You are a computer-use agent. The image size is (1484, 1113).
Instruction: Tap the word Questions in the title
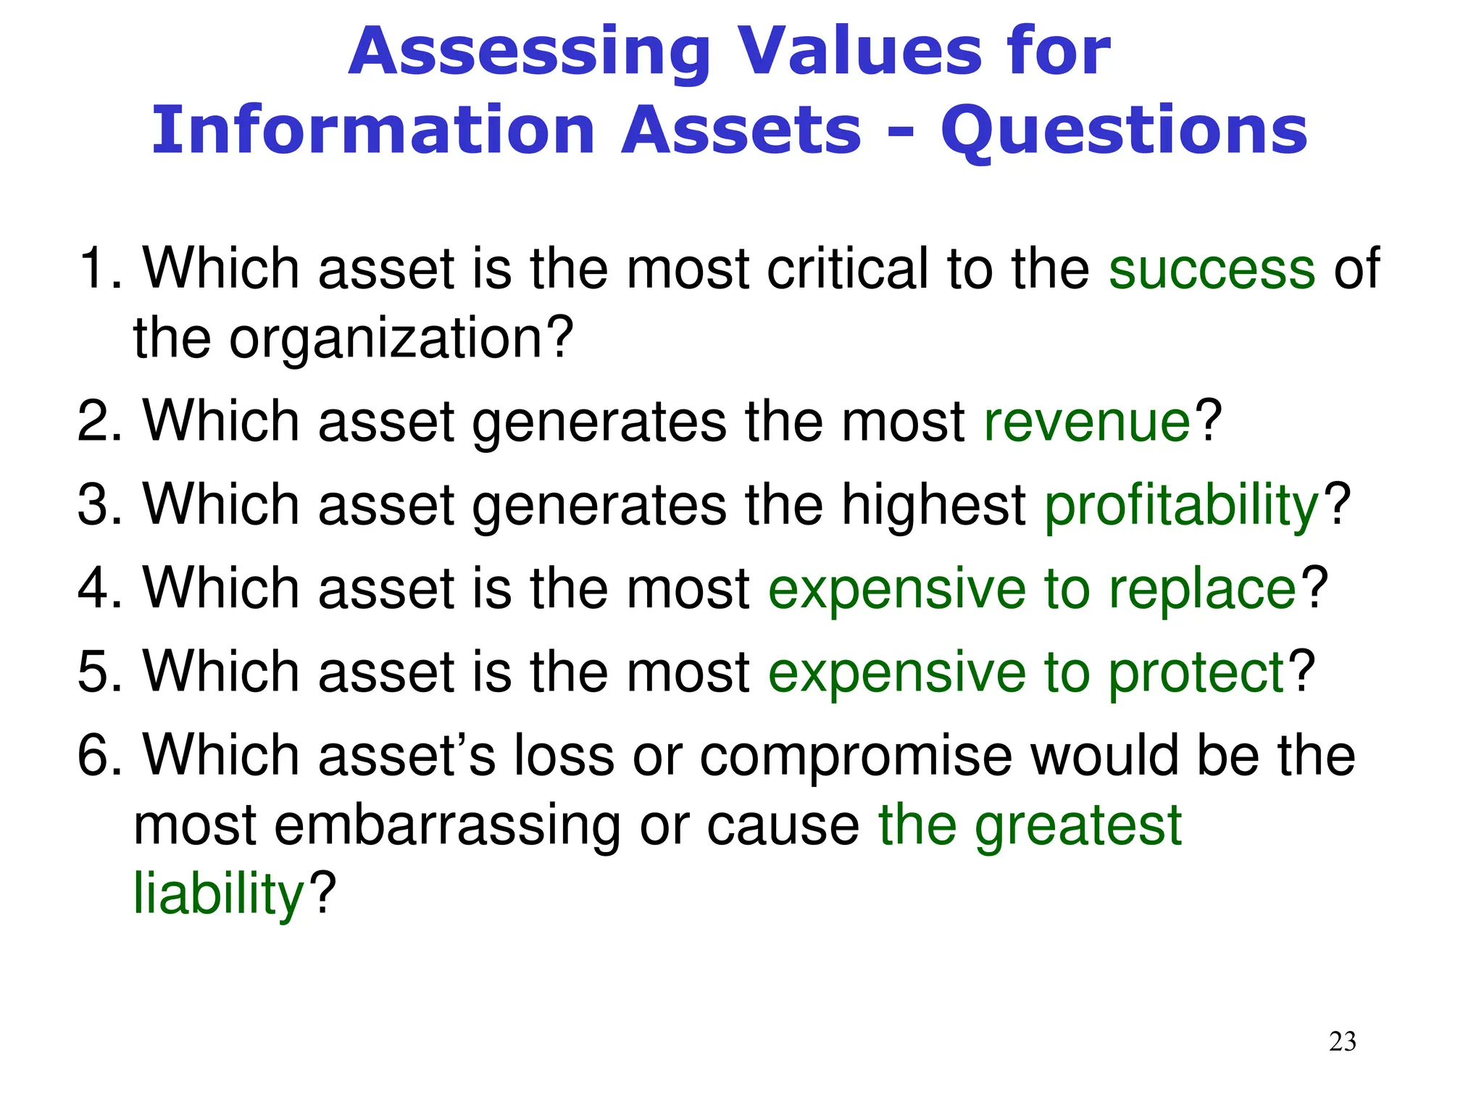tap(1124, 131)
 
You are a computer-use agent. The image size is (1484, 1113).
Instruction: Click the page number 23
tap(1342, 1041)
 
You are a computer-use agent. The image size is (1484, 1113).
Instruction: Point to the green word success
tap(1212, 269)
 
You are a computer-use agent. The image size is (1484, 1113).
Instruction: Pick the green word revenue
tap(1087, 422)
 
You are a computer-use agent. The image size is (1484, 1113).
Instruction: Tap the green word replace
tap(1202, 589)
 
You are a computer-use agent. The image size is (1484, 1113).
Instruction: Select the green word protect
tap(1196, 672)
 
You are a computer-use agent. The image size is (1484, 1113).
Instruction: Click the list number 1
tap(99, 269)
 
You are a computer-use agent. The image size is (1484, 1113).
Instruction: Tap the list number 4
tap(99, 588)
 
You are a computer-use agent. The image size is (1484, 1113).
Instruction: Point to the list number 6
tap(99, 756)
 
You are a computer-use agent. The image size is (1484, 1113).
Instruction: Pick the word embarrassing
tap(449, 825)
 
